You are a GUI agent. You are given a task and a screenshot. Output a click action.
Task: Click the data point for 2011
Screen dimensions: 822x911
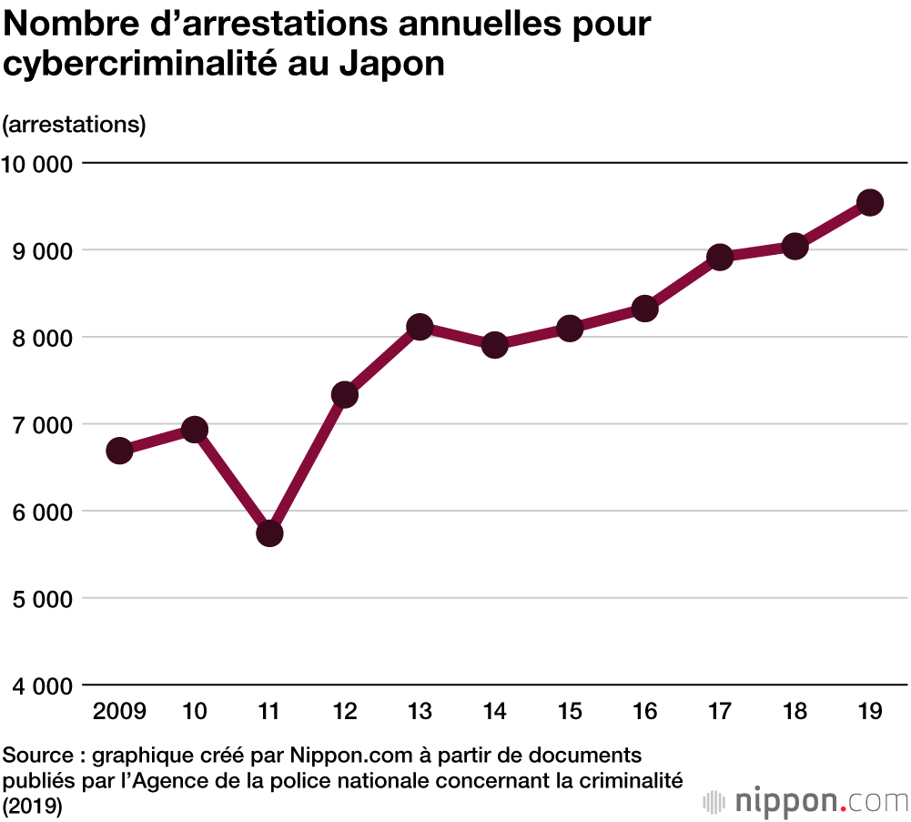click(x=269, y=533)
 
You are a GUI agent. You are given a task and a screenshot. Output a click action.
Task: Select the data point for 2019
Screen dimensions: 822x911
click(x=869, y=202)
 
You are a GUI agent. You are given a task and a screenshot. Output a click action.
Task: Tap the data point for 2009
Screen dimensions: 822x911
click(x=119, y=451)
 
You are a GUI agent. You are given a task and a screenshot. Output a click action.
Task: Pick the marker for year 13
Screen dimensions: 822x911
click(x=420, y=327)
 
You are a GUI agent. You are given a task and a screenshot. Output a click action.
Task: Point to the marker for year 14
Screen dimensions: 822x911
click(x=494, y=345)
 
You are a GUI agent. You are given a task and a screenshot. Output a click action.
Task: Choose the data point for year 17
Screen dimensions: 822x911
click(x=720, y=258)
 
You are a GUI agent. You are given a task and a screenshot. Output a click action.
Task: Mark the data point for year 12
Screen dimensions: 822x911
click(x=345, y=394)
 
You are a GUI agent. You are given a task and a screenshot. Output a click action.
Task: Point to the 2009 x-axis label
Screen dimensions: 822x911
click(x=119, y=711)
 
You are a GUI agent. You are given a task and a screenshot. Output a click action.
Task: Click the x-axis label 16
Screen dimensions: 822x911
click(x=644, y=711)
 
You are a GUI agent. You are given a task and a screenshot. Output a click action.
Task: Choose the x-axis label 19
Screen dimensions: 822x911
click(x=869, y=711)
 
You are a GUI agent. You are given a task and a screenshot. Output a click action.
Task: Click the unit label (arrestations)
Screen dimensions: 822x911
click(x=75, y=124)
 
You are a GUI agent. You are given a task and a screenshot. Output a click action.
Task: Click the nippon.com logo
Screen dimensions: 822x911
click(x=805, y=801)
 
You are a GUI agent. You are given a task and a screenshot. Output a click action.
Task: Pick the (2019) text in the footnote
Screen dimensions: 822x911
click(x=32, y=805)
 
